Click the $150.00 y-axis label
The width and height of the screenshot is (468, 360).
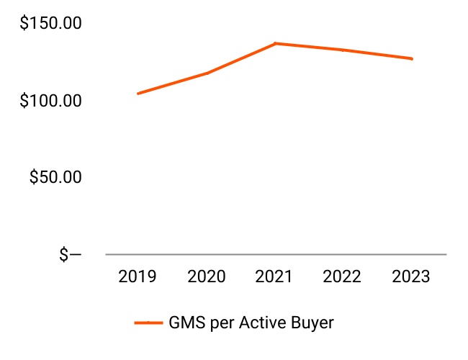(x=50, y=24)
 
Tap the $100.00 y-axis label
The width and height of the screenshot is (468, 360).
(x=50, y=100)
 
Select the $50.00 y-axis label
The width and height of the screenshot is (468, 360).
(x=55, y=177)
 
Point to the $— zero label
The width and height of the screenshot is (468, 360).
(x=70, y=254)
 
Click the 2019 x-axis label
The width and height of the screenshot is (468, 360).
(x=138, y=276)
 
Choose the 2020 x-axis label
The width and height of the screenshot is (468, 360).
(x=207, y=276)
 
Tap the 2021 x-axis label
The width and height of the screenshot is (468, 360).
(x=275, y=276)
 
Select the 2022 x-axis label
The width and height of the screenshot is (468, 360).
(x=343, y=276)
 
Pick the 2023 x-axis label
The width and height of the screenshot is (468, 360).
(x=412, y=276)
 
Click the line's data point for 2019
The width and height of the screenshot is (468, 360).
(x=138, y=94)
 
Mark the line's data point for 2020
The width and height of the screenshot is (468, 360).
(x=207, y=73)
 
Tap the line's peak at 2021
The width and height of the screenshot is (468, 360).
(x=275, y=44)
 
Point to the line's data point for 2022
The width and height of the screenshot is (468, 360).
(x=343, y=50)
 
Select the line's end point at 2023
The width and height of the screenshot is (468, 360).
(x=412, y=59)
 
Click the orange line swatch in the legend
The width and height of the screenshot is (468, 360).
(x=148, y=323)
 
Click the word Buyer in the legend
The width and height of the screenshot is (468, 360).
(x=312, y=323)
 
